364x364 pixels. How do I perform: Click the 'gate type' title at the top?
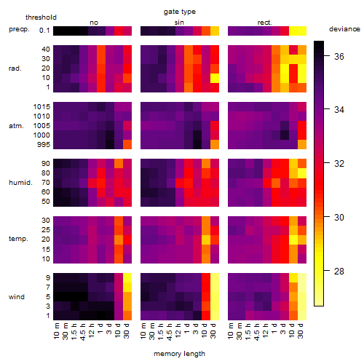click(180, 12)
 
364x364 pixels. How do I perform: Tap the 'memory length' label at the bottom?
click(179, 354)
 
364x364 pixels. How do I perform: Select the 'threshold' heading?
click(41, 17)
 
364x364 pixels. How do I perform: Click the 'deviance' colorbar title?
click(344, 29)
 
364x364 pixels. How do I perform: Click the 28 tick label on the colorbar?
click(339, 271)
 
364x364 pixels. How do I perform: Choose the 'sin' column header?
click(179, 23)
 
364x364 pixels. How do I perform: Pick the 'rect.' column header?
click(265, 23)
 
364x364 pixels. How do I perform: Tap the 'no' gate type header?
click(94, 23)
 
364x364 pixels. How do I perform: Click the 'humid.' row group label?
click(20, 183)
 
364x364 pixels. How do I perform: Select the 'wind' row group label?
click(17, 297)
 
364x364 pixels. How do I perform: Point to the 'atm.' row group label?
click(16, 126)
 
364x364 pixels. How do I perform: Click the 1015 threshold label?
click(41, 107)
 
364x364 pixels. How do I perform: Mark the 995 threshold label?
click(44, 145)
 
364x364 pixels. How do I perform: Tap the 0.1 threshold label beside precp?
click(44, 31)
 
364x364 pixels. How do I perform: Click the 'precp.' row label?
click(19, 29)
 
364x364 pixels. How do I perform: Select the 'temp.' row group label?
click(18, 239)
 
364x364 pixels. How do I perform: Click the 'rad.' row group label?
click(15, 68)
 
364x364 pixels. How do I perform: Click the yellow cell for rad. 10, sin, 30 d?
click(215, 78)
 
